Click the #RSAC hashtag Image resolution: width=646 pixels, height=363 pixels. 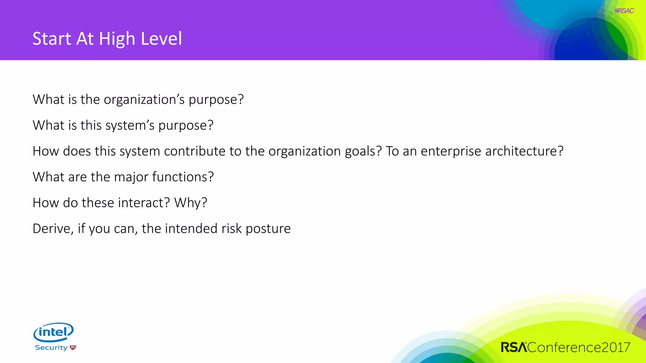[624, 11]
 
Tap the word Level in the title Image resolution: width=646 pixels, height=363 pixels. [161, 39]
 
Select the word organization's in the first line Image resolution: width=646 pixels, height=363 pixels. [144, 100]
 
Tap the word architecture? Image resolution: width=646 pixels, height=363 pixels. [524, 151]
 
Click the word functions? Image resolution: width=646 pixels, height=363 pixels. [183, 177]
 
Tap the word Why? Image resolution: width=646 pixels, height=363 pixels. [191, 203]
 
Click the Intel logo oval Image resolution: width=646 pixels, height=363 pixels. [53, 332]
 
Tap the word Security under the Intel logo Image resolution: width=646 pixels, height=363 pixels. [51, 348]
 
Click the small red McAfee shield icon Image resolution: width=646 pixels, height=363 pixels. [73, 348]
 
